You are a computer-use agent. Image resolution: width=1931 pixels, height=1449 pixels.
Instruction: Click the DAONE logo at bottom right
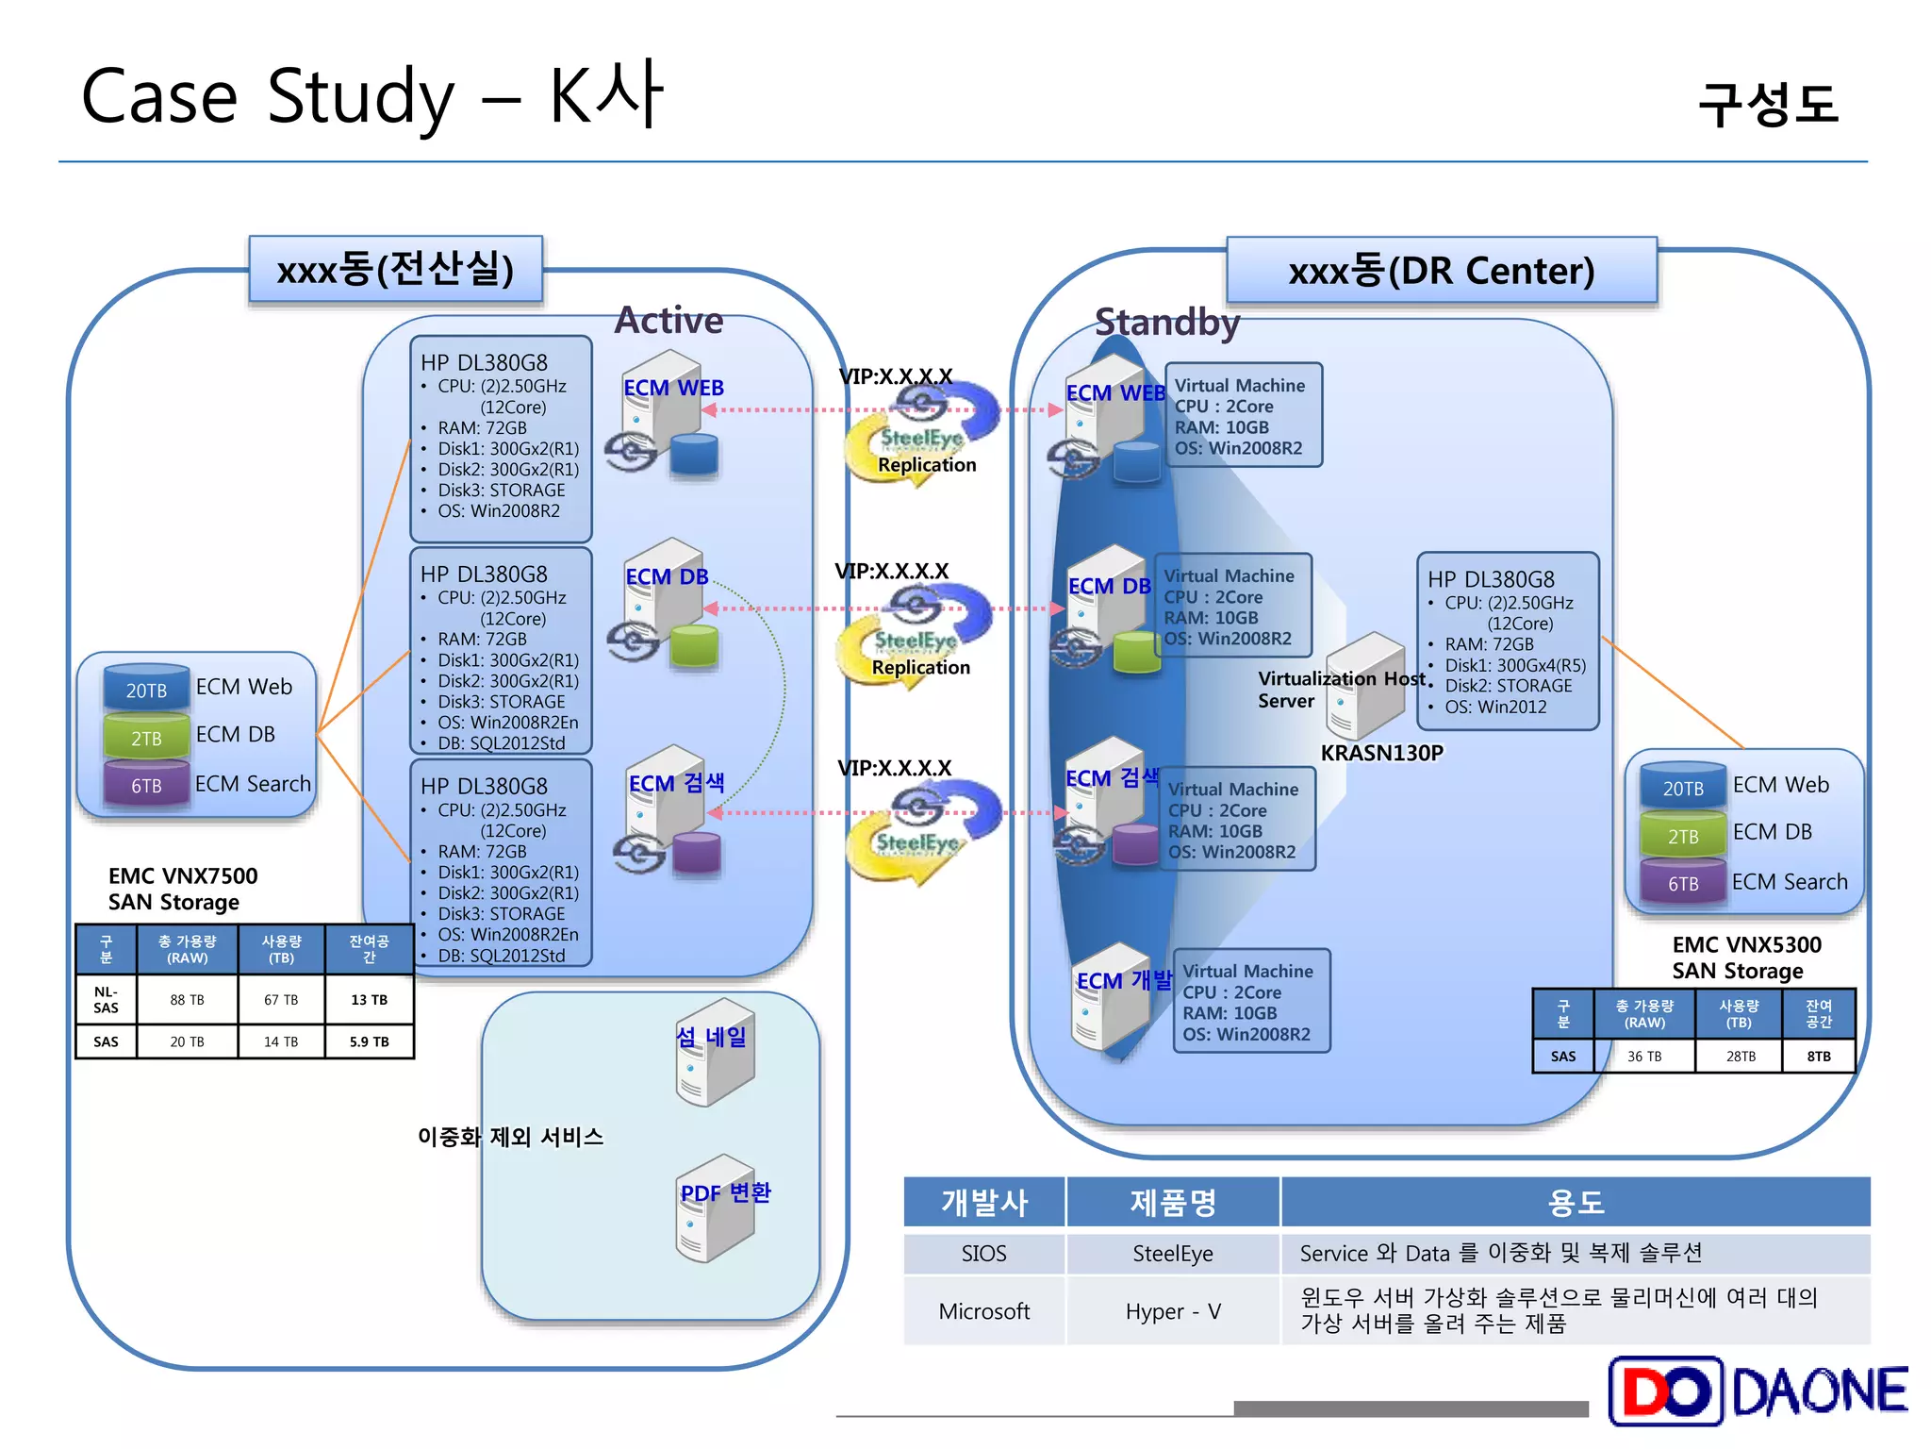pyautogui.click(x=1758, y=1391)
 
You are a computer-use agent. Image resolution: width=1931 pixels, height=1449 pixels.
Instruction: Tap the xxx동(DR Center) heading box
pyautogui.click(x=1441, y=271)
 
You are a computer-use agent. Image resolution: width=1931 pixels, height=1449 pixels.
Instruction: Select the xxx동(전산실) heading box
pyautogui.click(x=395, y=270)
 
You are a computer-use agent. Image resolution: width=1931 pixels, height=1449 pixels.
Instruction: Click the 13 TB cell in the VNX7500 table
pyautogui.click(x=369, y=1000)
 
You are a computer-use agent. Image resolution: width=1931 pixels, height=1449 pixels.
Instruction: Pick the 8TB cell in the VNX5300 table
pyautogui.click(x=1818, y=1057)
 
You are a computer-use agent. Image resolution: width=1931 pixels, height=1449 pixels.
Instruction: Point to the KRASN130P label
pyautogui.click(x=1381, y=753)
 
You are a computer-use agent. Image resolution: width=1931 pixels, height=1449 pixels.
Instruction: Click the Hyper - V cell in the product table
pyautogui.click(x=1172, y=1311)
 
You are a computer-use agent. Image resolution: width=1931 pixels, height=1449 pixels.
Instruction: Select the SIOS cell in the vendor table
pyautogui.click(x=983, y=1254)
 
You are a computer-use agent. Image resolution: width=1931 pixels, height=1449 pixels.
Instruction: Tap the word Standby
pyautogui.click(x=1166, y=323)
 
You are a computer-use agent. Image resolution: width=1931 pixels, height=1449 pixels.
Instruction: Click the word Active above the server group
pyautogui.click(x=668, y=321)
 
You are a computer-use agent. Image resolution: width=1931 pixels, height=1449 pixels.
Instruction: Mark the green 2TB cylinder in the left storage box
pyautogui.click(x=146, y=738)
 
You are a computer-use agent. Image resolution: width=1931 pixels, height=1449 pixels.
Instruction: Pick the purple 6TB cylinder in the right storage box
pyautogui.click(x=1683, y=883)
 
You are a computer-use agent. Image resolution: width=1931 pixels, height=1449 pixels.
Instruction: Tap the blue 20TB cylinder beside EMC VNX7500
pyautogui.click(x=146, y=690)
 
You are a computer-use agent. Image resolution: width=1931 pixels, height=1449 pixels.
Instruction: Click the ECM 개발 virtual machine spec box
pyautogui.click(x=1250, y=1002)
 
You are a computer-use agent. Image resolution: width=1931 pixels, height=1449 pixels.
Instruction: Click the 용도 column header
pyautogui.click(x=1575, y=1203)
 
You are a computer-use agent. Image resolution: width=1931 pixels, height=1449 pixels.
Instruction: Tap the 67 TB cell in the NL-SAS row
pyautogui.click(x=281, y=1000)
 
